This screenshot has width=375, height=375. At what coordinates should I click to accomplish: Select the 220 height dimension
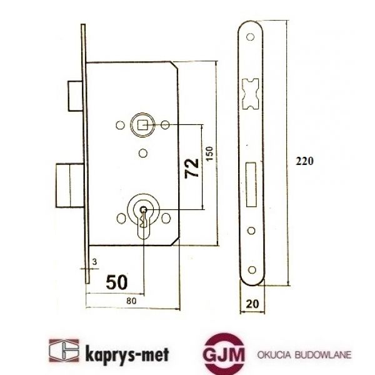coord(304,160)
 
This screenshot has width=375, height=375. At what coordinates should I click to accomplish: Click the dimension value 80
coord(129,301)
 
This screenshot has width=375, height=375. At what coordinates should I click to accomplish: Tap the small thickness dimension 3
coord(94,261)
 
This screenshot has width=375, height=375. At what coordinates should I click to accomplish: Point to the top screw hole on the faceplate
coord(251,38)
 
